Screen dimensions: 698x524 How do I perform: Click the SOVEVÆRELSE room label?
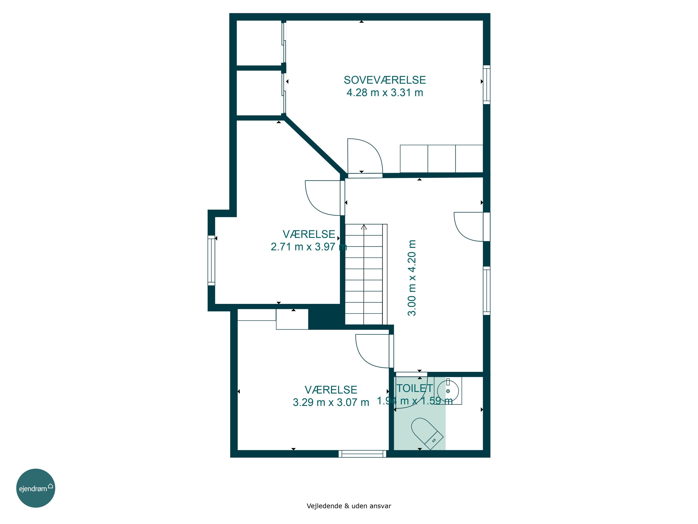(385, 80)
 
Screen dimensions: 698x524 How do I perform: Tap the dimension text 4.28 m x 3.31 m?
(385, 92)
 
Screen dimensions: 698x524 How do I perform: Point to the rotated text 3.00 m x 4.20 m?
(412, 278)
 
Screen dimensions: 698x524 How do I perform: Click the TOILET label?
(415, 388)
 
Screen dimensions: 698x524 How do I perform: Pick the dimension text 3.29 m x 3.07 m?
(331, 402)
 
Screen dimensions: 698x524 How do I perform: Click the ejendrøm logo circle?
(36, 488)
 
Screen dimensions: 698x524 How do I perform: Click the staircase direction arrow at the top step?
(364, 227)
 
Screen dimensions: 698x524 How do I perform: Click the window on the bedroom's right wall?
(487, 85)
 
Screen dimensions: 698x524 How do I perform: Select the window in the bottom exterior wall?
(362, 454)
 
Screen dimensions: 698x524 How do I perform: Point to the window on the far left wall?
(211, 261)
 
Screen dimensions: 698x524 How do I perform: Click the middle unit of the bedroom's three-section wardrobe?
(441, 159)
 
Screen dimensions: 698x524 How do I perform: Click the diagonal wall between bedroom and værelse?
(314, 146)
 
